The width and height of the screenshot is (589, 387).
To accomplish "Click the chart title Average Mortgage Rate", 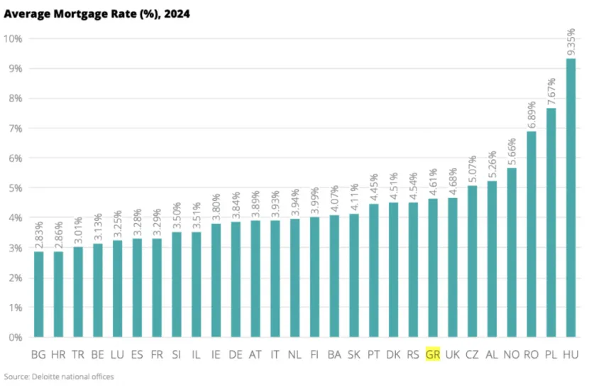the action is click(97, 14).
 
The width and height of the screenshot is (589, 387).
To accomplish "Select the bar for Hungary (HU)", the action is click(571, 197).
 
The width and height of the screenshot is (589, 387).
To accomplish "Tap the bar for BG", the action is click(39, 294).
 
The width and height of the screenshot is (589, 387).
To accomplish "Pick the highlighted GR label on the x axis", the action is click(433, 354).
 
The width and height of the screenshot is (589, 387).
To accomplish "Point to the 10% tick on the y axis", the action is click(13, 38).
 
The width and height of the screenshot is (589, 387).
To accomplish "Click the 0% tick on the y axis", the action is click(16, 337).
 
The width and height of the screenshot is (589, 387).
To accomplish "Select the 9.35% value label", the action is click(571, 42).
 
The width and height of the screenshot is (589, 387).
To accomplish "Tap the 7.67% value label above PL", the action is click(551, 92).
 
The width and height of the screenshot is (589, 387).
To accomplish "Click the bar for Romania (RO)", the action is click(531, 234).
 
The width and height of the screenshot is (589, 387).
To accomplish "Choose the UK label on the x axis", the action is click(452, 354).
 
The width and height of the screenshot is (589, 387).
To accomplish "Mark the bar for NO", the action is click(512, 253).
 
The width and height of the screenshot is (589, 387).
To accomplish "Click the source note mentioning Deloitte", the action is click(59, 376).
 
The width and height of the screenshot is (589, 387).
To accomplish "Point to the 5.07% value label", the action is click(472, 169).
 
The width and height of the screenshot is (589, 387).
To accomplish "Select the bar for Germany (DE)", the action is click(236, 279).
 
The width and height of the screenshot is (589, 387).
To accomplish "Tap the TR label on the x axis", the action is click(78, 354).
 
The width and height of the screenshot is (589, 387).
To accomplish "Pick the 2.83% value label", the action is click(39, 235).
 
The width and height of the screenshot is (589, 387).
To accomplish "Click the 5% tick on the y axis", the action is click(16, 188).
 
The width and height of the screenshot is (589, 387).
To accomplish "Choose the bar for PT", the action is click(373, 271).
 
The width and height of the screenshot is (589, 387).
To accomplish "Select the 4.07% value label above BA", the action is click(334, 199).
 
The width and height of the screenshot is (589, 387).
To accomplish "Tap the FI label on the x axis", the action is click(314, 354).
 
